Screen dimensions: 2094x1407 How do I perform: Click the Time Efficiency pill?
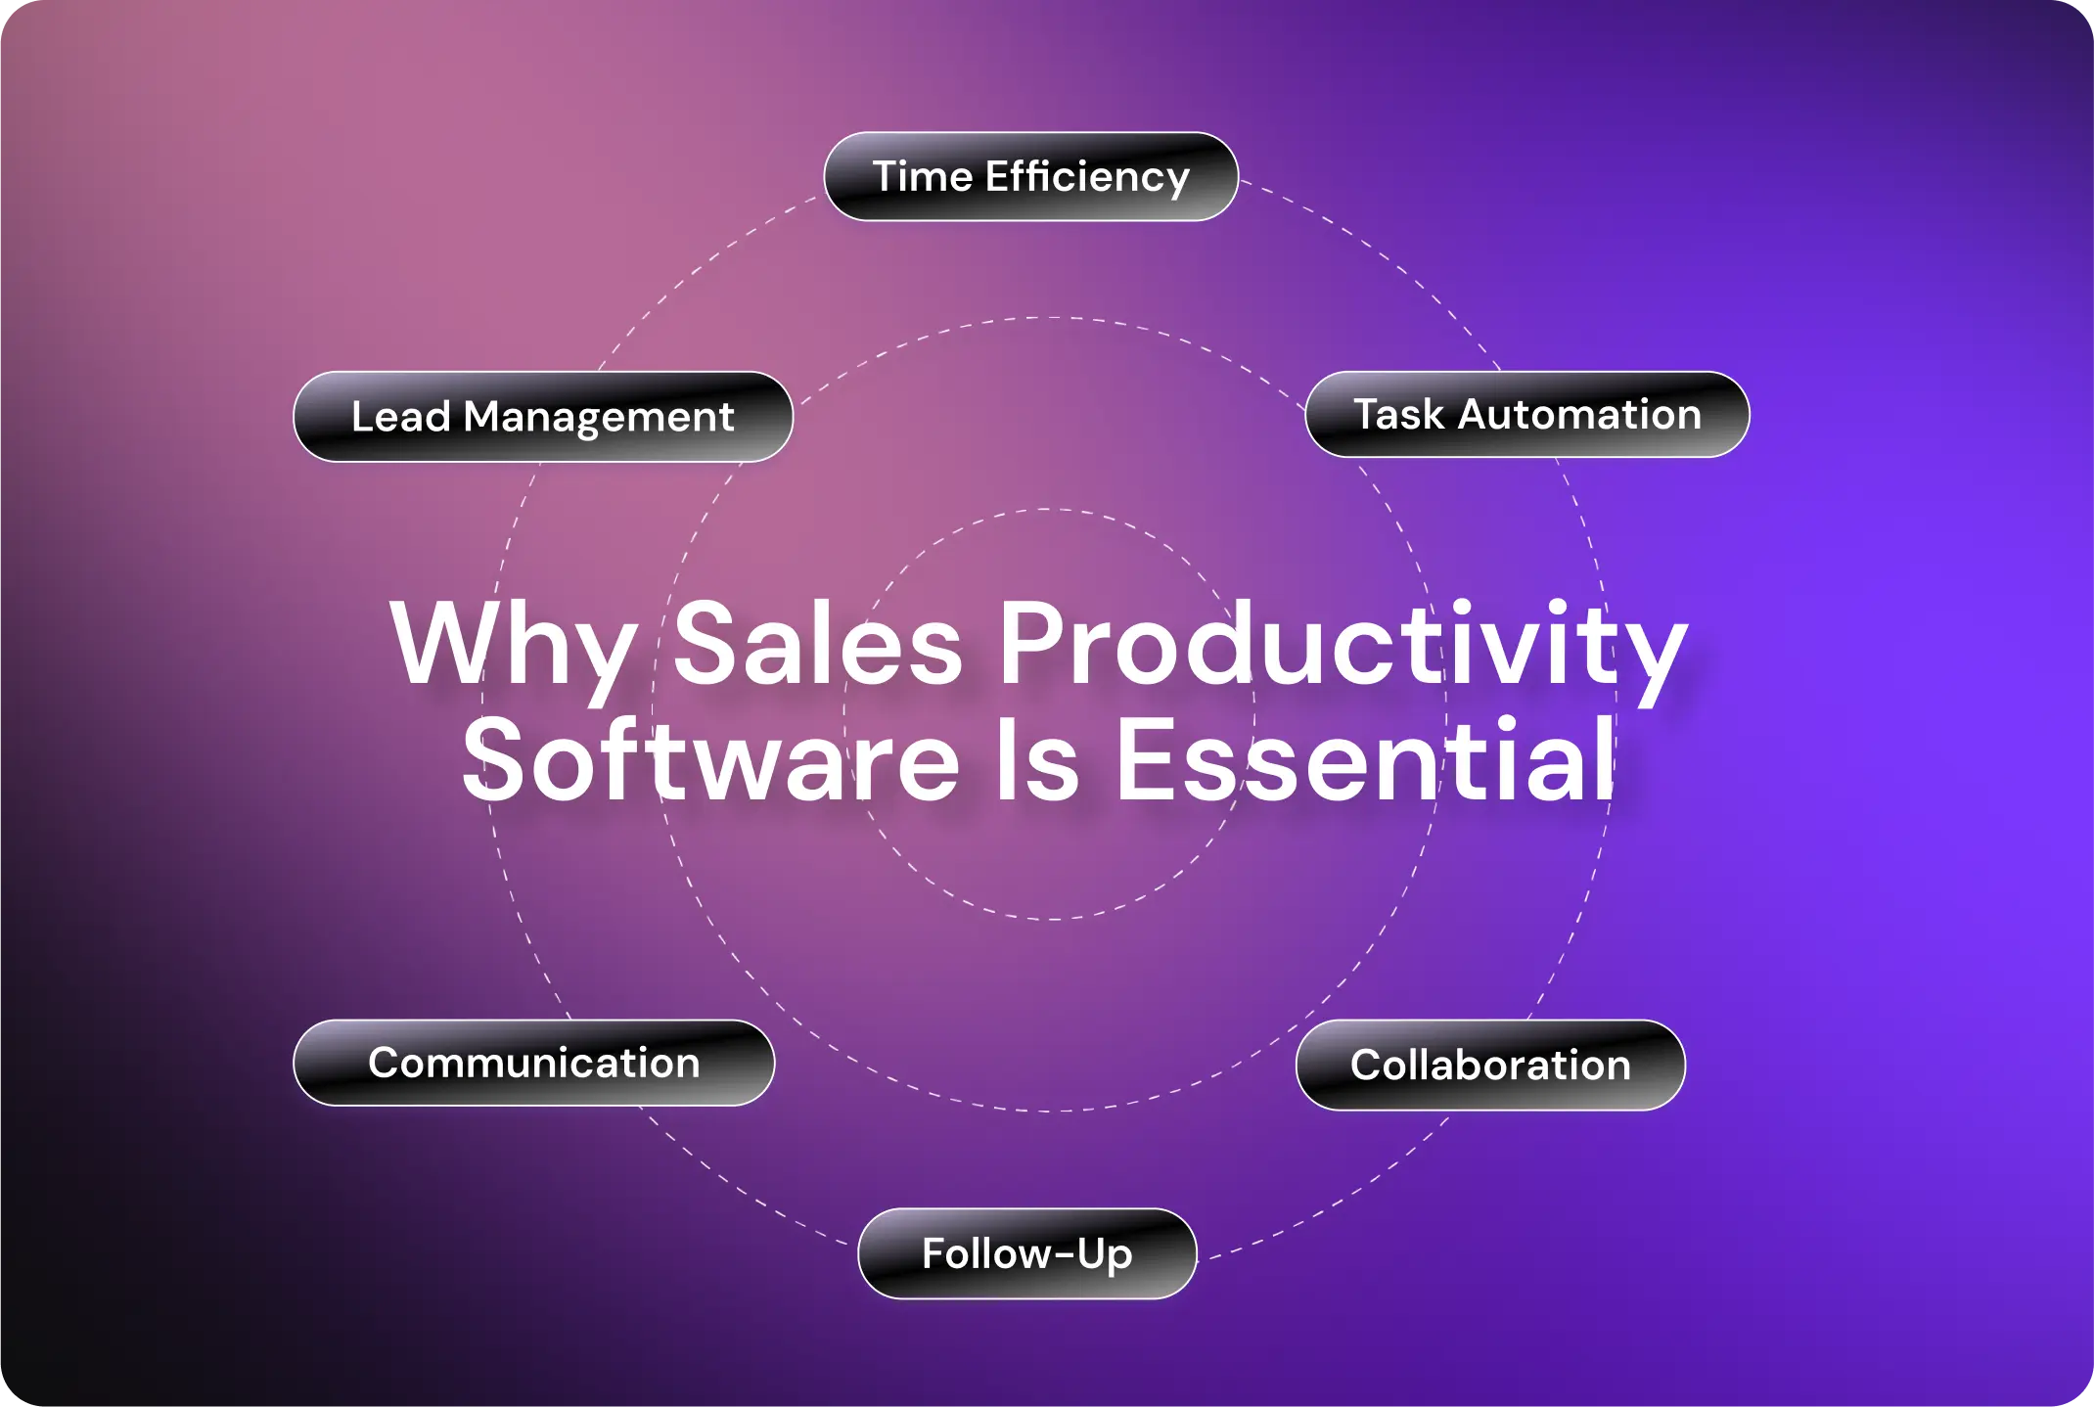[x=1031, y=177]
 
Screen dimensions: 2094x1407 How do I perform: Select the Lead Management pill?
[x=543, y=417]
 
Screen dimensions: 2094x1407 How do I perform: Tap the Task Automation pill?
[x=1527, y=415]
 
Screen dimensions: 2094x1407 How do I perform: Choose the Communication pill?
[x=534, y=1064]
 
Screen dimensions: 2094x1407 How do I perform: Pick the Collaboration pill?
[x=1490, y=1066]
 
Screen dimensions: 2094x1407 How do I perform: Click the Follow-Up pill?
[x=1027, y=1254]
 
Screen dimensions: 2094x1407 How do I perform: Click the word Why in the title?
[x=514, y=647]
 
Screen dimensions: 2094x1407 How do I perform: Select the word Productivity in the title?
[x=1343, y=647]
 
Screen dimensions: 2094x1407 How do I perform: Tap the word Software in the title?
[x=711, y=758]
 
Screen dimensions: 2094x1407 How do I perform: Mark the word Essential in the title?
[x=1365, y=758]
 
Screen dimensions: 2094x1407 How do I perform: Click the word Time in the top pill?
[x=923, y=177]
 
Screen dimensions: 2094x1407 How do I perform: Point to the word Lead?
[x=401, y=417]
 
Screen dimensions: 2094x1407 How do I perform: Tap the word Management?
[x=599, y=419]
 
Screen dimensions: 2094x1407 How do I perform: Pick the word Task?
[x=1398, y=414]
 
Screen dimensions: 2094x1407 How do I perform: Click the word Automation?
[x=1580, y=414]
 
